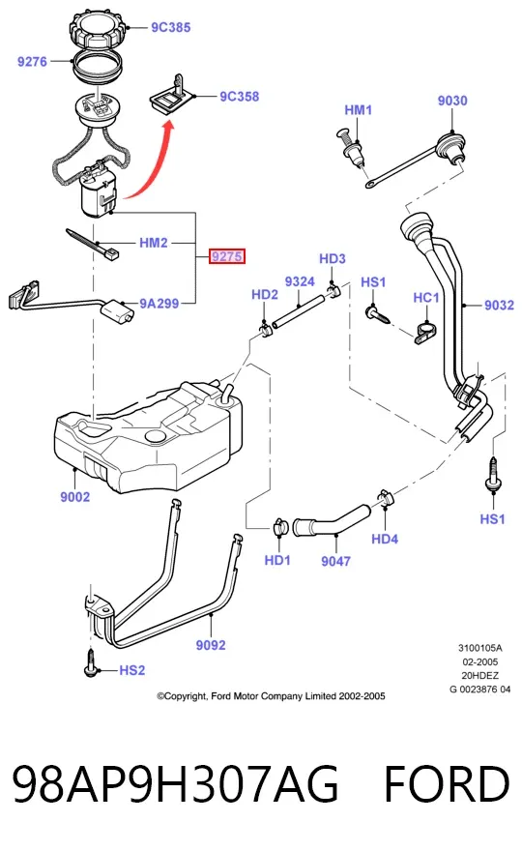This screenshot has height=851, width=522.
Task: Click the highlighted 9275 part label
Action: point(227,256)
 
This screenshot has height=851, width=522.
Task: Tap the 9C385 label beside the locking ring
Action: point(170,27)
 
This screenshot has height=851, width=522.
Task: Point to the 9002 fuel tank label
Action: point(74,497)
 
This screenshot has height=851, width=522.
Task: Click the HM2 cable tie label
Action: point(154,243)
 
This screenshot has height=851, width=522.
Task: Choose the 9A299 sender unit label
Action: point(159,304)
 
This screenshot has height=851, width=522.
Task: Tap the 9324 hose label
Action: point(300,281)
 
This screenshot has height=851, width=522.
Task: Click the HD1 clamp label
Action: point(277,560)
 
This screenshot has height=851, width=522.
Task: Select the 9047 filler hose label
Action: point(335,561)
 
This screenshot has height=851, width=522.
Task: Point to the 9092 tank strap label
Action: point(211,645)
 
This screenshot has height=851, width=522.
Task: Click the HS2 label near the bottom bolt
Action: point(131,670)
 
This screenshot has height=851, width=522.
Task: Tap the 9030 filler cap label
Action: point(452,101)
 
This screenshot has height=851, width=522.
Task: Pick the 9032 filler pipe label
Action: point(499,305)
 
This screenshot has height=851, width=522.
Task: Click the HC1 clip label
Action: point(426,298)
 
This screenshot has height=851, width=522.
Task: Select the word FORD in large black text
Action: point(447,784)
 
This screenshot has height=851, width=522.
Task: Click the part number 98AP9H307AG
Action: point(176,784)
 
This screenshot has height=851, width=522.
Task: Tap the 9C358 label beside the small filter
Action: point(240,97)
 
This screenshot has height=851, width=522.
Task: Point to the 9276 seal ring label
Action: point(32,62)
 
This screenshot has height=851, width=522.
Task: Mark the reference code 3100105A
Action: point(480,648)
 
